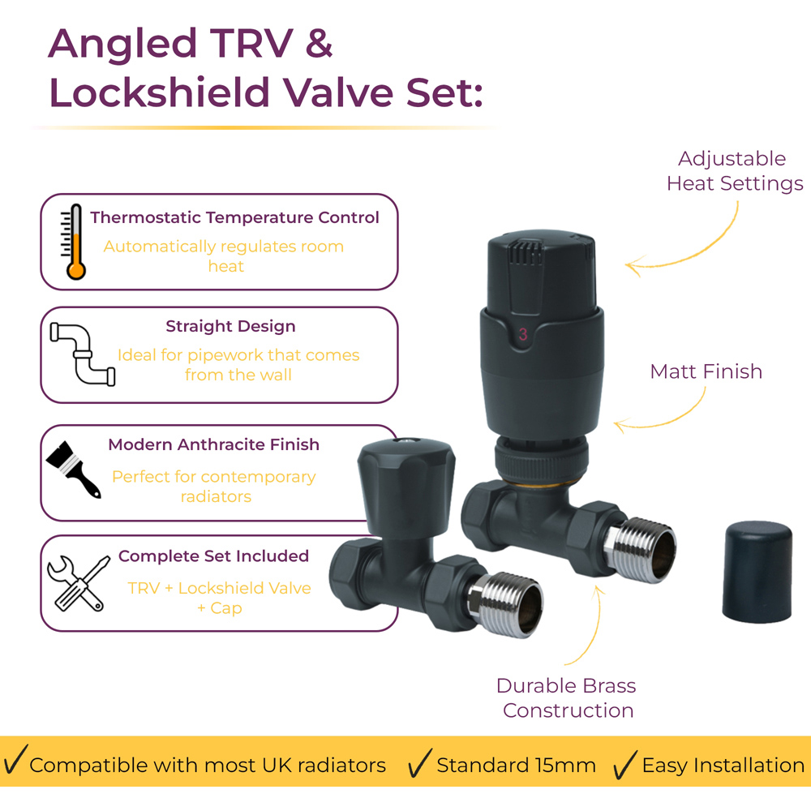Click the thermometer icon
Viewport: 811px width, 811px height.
(x=73, y=242)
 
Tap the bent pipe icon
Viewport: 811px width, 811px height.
(x=83, y=355)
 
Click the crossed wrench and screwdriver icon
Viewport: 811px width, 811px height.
(x=79, y=583)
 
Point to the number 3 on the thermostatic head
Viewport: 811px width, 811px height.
(x=523, y=334)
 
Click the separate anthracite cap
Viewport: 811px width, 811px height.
(x=757, y=572)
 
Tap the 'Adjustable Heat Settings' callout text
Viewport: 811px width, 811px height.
(x=735, y=170)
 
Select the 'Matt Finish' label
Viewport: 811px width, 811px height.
(x=706, y=371)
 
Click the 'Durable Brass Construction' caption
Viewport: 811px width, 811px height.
(x=566, y=697)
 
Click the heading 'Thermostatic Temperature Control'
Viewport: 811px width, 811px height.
(x=235, y=217)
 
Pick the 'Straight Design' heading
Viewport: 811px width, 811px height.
(x=230, y=326)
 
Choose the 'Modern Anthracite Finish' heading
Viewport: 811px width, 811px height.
(x=213, y=444)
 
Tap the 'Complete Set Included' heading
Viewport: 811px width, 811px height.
(x=213, y=556)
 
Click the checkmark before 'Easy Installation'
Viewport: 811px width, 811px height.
(x=624, y=764)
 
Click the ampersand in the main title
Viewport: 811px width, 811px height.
(x=319, y=44)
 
